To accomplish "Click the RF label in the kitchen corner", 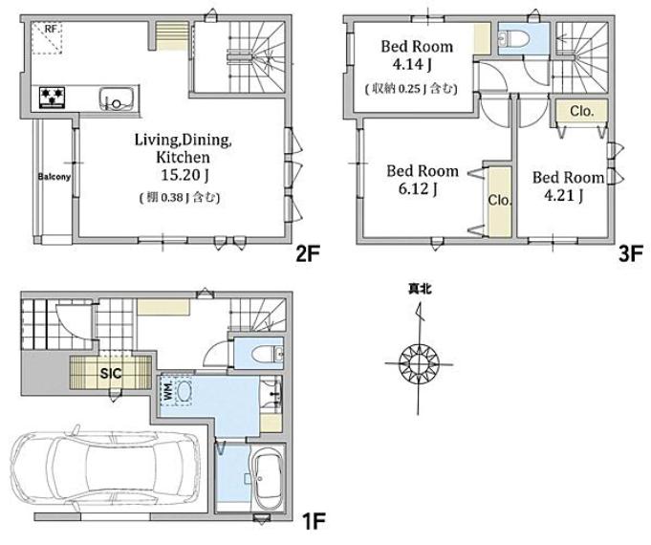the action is point(51,29).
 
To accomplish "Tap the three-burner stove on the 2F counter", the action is point(53,98).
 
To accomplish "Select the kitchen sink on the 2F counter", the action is point(117,98).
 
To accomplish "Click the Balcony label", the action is point(54,177).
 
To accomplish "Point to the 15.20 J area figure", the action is point(184,175).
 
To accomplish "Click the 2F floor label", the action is point(308,253).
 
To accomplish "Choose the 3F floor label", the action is point(631,253).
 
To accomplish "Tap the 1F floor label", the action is point(314,521).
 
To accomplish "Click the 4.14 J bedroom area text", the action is point(412,64).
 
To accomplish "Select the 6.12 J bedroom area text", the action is point(418,189).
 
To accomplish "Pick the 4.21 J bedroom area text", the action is point(564,195).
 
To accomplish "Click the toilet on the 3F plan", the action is point(514,38).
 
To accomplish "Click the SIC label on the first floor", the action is point(111,374).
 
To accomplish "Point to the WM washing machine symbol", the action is point(179,391).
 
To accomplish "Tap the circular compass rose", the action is point(419,364).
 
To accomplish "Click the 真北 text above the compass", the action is point(420,289).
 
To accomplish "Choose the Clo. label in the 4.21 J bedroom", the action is point(582,111).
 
